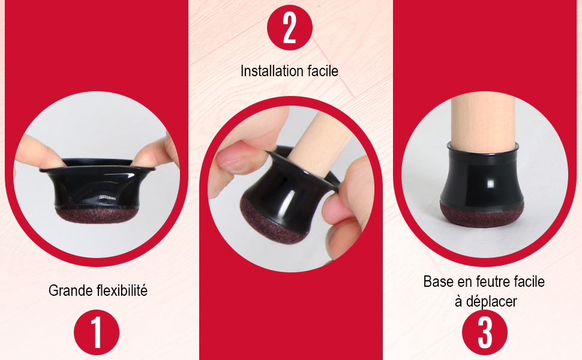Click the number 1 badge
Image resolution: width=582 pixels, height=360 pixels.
97,332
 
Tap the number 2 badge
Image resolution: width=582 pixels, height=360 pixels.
290,28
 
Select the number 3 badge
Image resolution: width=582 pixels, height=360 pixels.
485,332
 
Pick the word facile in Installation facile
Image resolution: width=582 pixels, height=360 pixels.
323,71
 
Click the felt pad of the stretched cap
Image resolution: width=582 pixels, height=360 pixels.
97,215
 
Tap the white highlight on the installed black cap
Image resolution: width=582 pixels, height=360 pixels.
490,184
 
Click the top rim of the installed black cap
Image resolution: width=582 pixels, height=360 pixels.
483,148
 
